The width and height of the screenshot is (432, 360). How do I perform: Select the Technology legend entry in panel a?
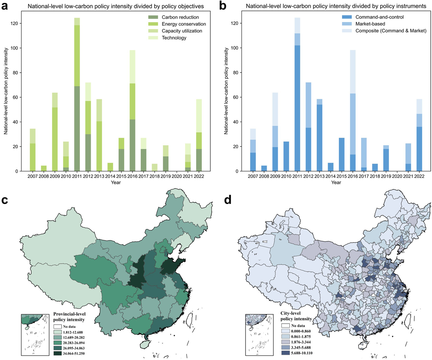click(x=174, y=38)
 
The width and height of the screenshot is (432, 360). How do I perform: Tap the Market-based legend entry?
click(x=370, y=24)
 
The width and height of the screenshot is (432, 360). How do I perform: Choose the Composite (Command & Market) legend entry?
click(x=391, y=31)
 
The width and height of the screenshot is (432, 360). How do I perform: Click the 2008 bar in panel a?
click(x=44, y=168)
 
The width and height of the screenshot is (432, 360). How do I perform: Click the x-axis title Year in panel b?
click(x=336, y=182)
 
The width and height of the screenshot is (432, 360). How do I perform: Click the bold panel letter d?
click(x=227, y=200)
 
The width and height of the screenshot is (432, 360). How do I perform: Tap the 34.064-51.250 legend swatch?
click(x=57, y=354)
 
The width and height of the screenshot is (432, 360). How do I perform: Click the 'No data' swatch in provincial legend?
click(x=57, y=326)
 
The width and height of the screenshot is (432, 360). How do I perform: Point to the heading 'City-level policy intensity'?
click(x=296, y=316)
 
